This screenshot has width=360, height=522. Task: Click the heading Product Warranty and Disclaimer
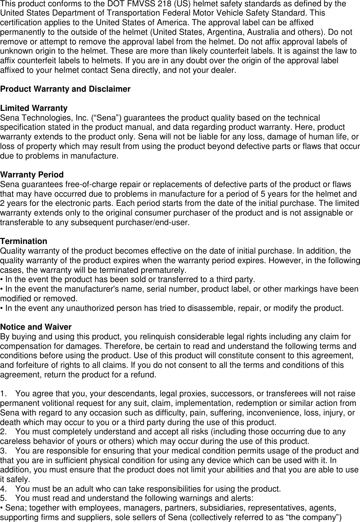click(65, 89)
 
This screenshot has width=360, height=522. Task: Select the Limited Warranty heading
click(34, 108)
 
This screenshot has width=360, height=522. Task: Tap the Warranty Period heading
click(32, 175)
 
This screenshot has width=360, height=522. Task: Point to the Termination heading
click(23, 241)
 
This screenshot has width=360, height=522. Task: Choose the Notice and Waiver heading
click(36, 327)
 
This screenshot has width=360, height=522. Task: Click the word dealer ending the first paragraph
click(225, 71)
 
